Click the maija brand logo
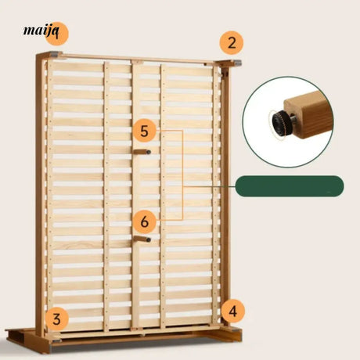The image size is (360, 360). pyautogui.click(x=41, y=31)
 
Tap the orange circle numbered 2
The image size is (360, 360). pyautogui.click(x=232, y=43)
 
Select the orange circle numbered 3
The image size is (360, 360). pyautogui.click(x=56, y=319)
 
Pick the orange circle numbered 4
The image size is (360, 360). pyautogui.click(x=233, y=311)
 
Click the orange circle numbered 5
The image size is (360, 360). pyautogui.click(x=145, y=131)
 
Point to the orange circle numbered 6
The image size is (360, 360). pyautogui.click(x=145, y=221)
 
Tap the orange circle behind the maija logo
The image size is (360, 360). pyautogui.click(x=57, y=34)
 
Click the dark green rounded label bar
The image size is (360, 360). pyautogui.click(x=290, y=186)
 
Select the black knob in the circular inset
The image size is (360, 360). pyautogui.click(x=281, y=123)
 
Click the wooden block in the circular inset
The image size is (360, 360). pyautogui.click(x=308, y=115)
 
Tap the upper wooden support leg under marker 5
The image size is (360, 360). pyautogui.click(x=142, y=152)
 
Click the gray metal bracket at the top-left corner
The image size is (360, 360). pyautogui.click(x=55, y=54)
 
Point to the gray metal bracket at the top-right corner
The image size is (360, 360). pyautogui.click(x=238, y=63)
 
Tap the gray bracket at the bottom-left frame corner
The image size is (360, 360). pyautogui.click(x=56, y=340)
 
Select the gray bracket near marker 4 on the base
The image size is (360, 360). pyautogui.click(x=235, y=330)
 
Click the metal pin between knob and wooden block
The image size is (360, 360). pyautogui.click(x=293, y=119)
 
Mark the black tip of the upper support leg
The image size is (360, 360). pyautogui.click(x=149, y=152)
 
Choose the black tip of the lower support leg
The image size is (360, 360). pyautogui.click(x=149, y=239)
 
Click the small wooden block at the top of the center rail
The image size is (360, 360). pyautogui.click(x=138, y=62)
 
